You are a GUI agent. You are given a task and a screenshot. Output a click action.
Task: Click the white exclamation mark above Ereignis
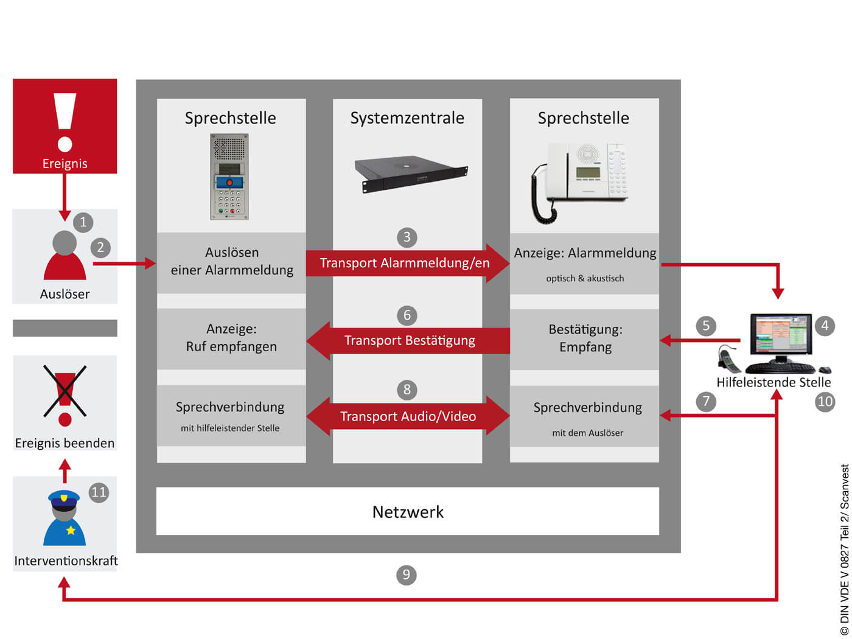(65, 122)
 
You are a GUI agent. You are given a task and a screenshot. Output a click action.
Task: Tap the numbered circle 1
(83, 222)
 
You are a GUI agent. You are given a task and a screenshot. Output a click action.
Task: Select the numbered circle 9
(407, 574)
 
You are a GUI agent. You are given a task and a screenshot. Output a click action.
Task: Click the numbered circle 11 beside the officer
(99, 492)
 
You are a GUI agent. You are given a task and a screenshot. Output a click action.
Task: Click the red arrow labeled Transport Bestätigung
(409, 340)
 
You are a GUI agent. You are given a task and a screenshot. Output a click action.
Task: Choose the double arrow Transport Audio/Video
(408, 416)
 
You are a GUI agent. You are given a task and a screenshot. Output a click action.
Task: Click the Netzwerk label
(408, 512)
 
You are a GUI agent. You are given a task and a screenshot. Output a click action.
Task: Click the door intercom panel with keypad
(229, 176)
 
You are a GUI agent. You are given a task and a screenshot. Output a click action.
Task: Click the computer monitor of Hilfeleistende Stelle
(781, 335)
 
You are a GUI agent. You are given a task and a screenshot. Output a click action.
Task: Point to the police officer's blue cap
(64, 498)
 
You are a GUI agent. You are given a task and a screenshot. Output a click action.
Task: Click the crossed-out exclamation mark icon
(65, 393)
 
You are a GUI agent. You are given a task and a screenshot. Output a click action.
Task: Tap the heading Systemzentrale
(407, 118)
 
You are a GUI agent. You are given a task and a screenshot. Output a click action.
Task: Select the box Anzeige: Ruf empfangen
(231, 338)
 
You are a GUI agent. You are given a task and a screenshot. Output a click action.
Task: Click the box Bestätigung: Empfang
(585, 339)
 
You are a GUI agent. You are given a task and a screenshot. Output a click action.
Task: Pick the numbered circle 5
(706, 326)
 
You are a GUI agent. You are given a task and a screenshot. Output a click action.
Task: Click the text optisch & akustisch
(585, 278)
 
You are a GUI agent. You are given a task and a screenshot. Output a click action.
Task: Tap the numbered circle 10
(825, 402)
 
